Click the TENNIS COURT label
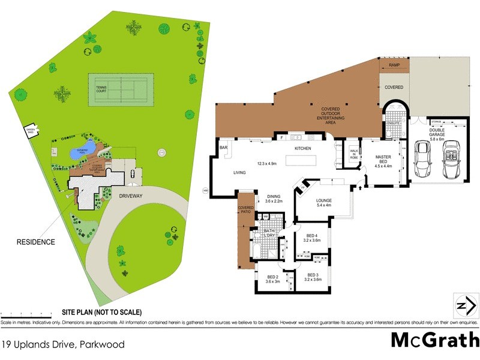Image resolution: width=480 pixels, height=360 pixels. (x=104, y=88)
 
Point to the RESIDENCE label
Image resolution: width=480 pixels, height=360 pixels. (x=35, y=242)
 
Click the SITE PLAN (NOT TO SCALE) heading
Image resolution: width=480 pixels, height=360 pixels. (x=102, y=312)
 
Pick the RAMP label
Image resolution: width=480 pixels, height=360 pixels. (x=394, y=65)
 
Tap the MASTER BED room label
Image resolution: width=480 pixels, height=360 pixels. (x=383, y=161)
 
